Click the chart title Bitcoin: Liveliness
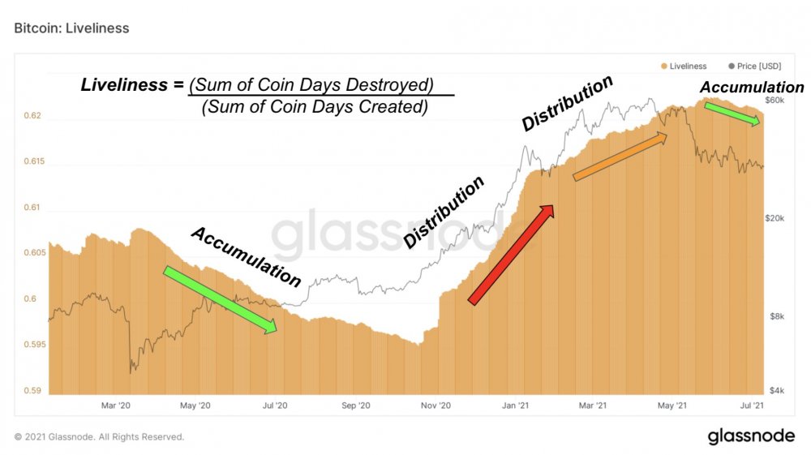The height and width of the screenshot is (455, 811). [71, 28]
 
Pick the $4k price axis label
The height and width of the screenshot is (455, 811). [777, 390]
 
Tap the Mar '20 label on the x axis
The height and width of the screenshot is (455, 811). [115, 405]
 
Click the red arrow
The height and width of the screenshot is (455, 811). [510, 254]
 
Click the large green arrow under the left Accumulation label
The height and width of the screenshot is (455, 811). [220, 298]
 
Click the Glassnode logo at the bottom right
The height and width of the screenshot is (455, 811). [751, 436]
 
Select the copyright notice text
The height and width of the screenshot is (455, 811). [99, 437]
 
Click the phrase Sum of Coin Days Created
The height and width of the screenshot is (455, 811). [314, 106]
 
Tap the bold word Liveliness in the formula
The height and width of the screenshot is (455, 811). [125, 84]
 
